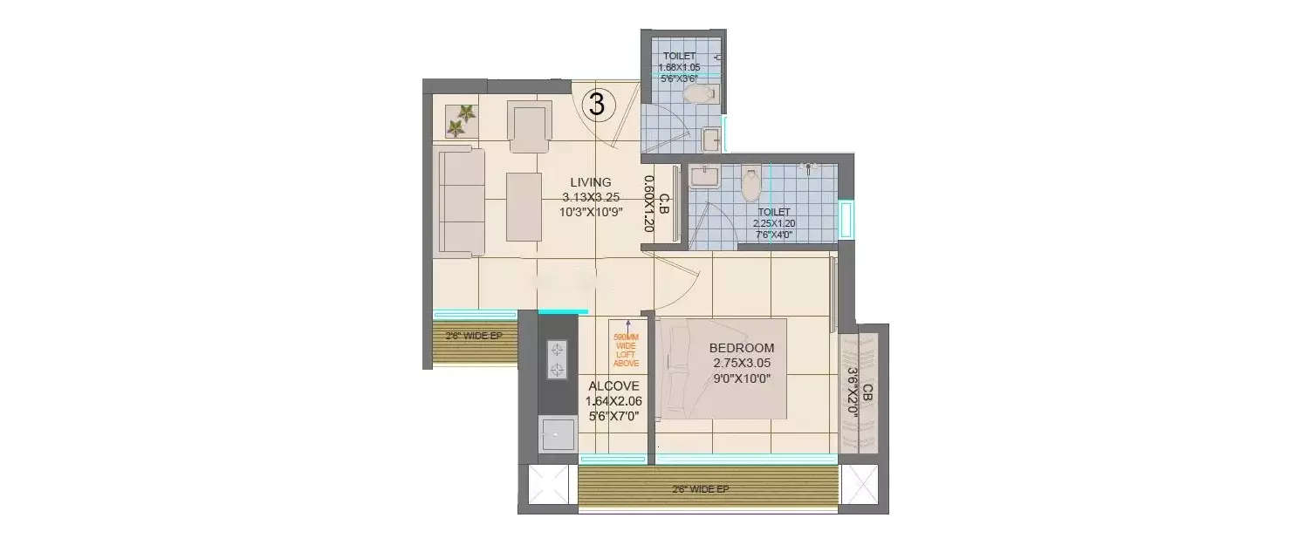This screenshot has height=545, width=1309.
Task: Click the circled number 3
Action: (598, 105)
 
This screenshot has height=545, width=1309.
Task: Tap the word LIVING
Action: (591, 182)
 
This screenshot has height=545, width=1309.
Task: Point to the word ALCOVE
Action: (613, 386)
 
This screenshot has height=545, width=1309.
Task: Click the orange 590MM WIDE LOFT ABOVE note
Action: (626, 350)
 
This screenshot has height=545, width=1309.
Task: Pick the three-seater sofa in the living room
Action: (461, 201)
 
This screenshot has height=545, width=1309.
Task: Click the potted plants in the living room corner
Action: (461, 120)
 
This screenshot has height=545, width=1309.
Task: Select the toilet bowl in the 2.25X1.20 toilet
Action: (750, 183)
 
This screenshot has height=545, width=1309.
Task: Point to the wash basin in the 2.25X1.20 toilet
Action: (702, 177)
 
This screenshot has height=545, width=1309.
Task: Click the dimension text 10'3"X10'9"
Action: (591, 212)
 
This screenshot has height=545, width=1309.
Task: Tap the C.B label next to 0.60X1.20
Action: (664, 205)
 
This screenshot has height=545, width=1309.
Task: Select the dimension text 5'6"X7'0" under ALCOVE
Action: (613, 416)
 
